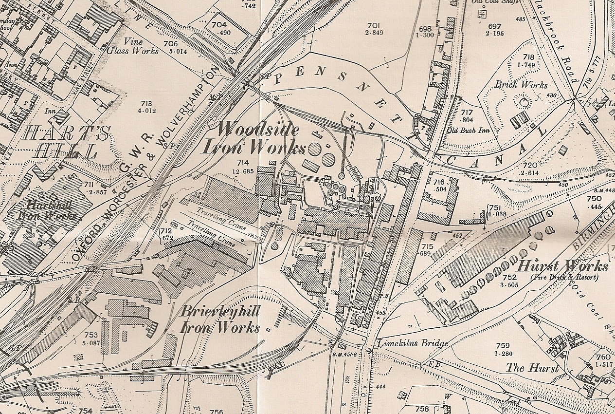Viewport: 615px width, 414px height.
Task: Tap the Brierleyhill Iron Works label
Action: [220, 320]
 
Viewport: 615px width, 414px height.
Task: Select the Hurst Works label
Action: [562, 267]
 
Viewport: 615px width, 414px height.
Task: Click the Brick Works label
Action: [521, 85]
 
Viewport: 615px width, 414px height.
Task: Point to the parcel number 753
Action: [91, 335]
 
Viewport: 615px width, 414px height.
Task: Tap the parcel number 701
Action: [373, 25]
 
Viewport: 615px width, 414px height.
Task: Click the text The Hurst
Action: [532, 368]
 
